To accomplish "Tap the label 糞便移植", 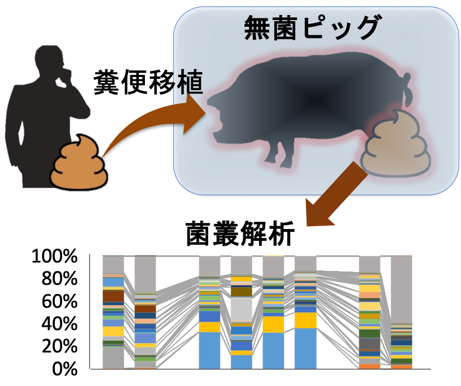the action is pos(148,82).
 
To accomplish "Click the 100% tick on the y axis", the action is pos(55,256).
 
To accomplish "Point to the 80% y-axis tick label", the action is pos(59,279).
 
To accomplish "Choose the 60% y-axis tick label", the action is pos(59,301).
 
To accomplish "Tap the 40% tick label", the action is pos(59,324).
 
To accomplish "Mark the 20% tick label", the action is pos(59,346).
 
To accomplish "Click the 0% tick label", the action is pos(65,369).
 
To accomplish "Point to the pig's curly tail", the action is pos(407,89).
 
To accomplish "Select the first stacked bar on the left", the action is pos(113,312).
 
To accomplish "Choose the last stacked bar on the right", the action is pos(401,312).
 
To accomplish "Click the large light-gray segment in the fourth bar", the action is pos(241,309).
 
